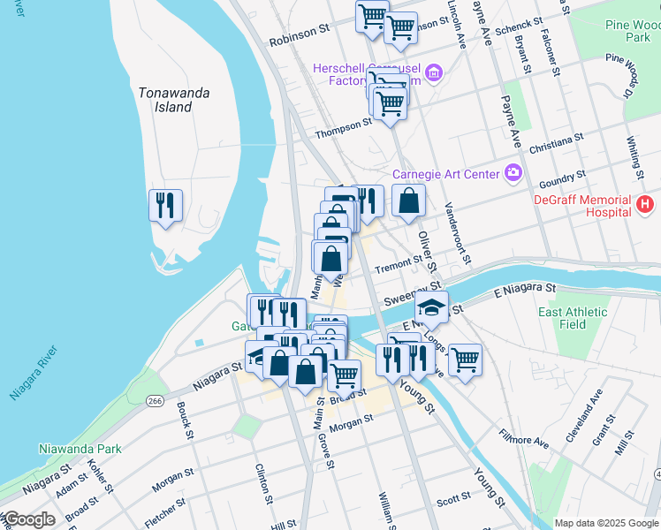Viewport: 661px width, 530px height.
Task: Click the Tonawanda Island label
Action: tap(166, 99)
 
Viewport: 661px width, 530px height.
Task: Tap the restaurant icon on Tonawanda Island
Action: tap(165, 206)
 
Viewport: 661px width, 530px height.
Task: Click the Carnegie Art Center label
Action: tap(445, 174)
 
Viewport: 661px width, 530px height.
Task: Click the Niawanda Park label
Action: tap(80, 449)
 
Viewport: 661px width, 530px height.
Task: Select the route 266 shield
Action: tap(156, 402)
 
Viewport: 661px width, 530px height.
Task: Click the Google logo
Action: tap(28, 519)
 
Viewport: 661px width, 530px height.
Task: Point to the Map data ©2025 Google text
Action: tap(606, 523)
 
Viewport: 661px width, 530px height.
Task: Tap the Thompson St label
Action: tap(344, 125)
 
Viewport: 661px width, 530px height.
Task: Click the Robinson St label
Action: tap(299, 34)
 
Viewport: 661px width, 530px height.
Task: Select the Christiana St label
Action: tap(557, 144)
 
